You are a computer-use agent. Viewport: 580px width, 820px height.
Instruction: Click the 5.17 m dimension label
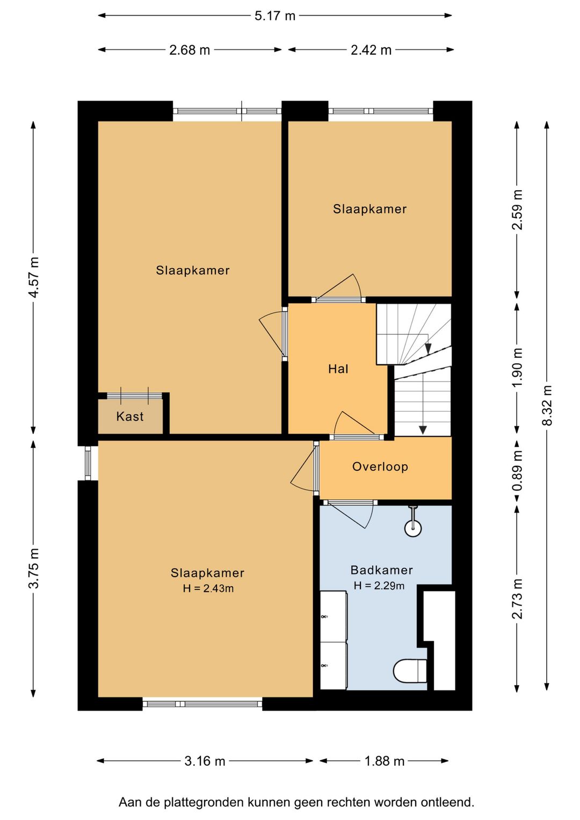275,16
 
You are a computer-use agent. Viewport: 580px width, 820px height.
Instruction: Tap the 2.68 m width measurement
190,50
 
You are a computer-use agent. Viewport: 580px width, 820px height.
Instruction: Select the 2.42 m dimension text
371,50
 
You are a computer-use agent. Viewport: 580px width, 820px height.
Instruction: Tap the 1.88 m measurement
384,762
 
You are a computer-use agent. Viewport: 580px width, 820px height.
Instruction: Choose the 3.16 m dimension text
205,762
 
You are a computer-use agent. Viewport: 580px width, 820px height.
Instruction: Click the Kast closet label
130,416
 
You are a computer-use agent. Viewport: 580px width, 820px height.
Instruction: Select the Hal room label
338,369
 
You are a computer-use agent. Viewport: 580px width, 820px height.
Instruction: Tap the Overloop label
380,467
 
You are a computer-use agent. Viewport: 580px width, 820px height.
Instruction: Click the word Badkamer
382,570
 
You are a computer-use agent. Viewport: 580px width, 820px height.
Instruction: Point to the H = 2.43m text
208,588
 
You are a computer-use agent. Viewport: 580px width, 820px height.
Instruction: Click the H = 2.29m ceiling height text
379,586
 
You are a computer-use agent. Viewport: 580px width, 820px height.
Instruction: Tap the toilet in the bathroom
410,671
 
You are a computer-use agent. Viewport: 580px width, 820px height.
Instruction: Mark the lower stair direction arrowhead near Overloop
423,430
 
